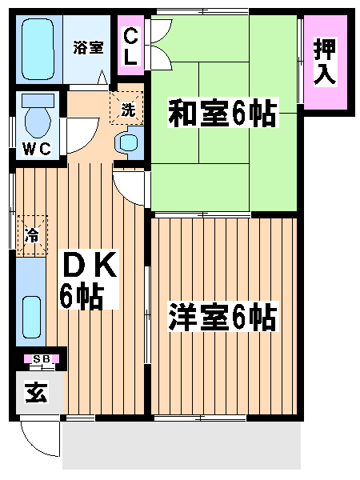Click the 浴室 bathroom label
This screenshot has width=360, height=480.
pyautogui.click(x=88, y=47)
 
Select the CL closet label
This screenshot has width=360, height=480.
pyautogui.click(x=131, y=46)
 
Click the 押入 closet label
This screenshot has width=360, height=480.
pyautogui.click(x=325, y=62)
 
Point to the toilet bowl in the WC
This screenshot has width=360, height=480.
pyautogui.click(x=38, y=120)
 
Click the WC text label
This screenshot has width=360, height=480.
pyautogui.click(x=37, y=149)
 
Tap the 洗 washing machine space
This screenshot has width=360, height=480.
pyautogui.click(x=126, y=108)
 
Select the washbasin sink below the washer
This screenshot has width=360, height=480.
pyautogui.click(x=130, y=142)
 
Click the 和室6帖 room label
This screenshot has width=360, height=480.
pyautogui.click(x=222, y=112)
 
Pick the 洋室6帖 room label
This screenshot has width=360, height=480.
pyautogui.click(x=222, y=316)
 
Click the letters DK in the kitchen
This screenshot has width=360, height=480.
pyautogui.click(x=89, y=264)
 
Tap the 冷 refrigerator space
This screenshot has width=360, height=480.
pyautogui.click(x=32, y=235)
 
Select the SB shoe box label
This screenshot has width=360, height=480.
pyautogui.click(x=42, y=358)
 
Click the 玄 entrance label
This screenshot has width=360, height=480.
pyautogui.click(x=37, y=393)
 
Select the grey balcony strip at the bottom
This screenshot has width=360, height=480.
pyautogui.click(x=182, y=446)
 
